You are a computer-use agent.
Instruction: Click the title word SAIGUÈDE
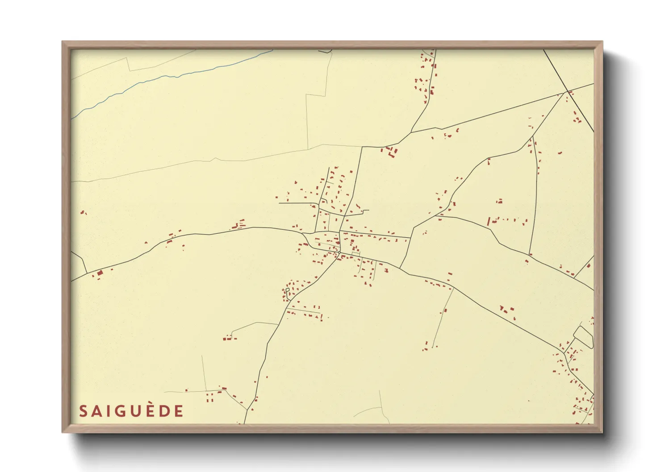[131, 411]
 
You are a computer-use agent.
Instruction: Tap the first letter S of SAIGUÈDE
[83, 411]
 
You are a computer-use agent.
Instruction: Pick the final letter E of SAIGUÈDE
[179, 411]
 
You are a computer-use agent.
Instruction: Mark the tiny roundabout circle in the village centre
[340, 254]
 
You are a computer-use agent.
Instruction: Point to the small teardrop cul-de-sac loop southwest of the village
[288, 290]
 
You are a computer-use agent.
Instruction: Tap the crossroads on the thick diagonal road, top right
[567, 91]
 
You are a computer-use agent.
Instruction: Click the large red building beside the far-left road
[100, 273]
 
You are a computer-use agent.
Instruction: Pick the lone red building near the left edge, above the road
[83, 212]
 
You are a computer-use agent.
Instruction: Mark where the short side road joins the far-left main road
[86, 273]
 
